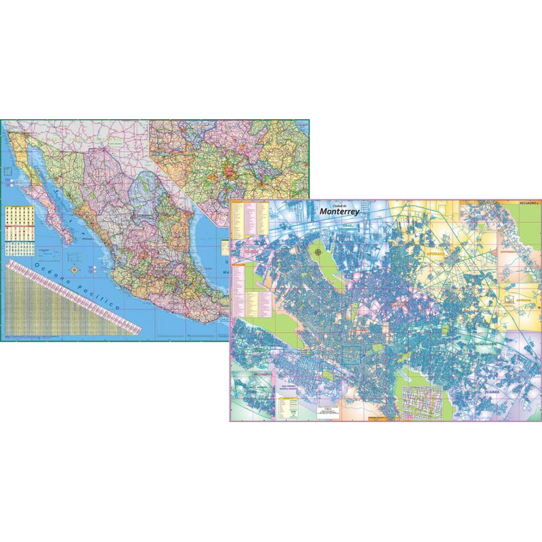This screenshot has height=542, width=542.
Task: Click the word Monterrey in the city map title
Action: click(x=340, y=211)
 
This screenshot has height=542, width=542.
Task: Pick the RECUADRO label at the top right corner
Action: click(x=527, y=203)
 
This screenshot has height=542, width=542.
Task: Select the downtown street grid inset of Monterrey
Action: click(x=421, y=402)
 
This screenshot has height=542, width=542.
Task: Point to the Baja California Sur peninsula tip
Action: click(x=68, y=239)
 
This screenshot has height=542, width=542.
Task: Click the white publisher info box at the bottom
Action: click(x=331, y=411)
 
